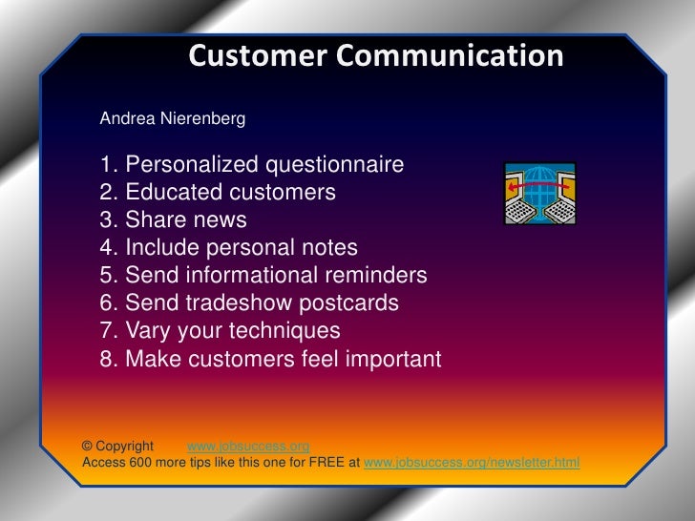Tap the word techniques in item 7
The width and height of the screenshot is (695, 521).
tap(285, 331)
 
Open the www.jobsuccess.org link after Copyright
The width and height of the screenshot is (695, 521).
tap(248, 447)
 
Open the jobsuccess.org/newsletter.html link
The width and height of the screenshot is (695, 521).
tap(472, 464)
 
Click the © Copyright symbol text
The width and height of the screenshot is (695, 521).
tap(117, 447)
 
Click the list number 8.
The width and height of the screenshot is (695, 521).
tap(108, 360)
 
